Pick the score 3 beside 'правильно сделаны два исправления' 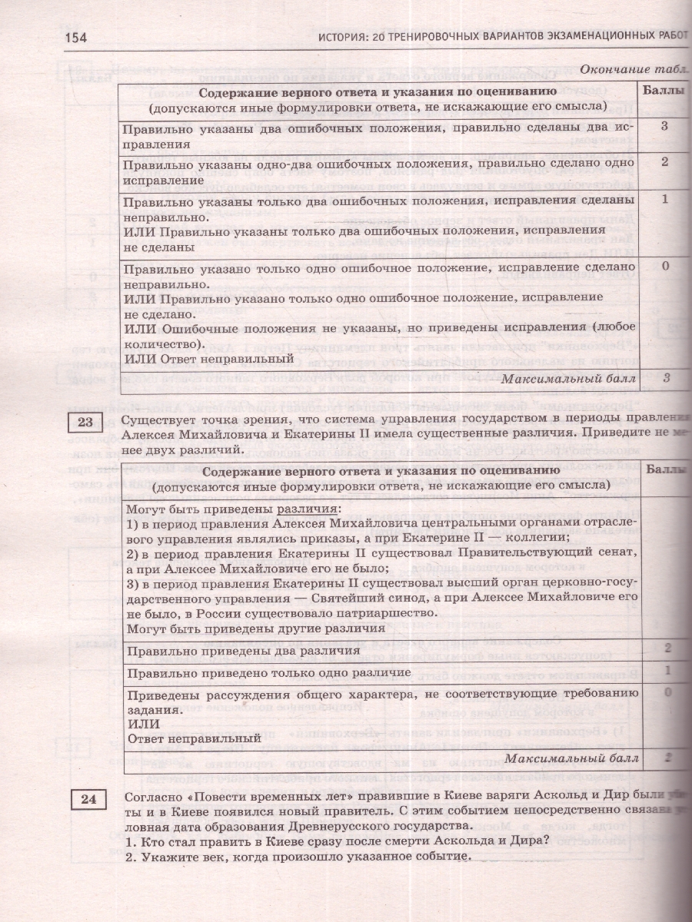pyautogui.click(x=664, y=126)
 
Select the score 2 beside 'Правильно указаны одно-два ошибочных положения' pyautogui.click(x=664, y=162)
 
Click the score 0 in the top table pyautogui.click(x=664, y=266)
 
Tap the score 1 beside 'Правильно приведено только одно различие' pyautogui.click(x=668, y=670)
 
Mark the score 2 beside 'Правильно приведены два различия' pyautogui.click(x=668, y=648)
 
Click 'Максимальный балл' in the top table pyautogui.click(x=568, y=377)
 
